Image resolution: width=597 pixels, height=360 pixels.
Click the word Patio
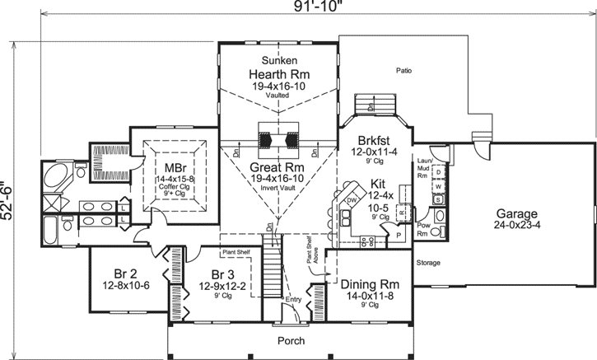(403, 71)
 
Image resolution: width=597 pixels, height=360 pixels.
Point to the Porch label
(290, 340)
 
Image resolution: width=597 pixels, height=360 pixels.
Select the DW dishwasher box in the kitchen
(352, 200)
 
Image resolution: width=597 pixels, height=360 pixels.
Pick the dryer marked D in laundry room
(439, 172)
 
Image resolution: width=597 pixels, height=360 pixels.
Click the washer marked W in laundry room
(439, 186)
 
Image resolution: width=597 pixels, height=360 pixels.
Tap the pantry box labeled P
(399, 235)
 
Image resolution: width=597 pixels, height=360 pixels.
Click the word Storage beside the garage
(429, 264)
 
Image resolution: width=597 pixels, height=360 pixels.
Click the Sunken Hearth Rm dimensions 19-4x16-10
(280, 85)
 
